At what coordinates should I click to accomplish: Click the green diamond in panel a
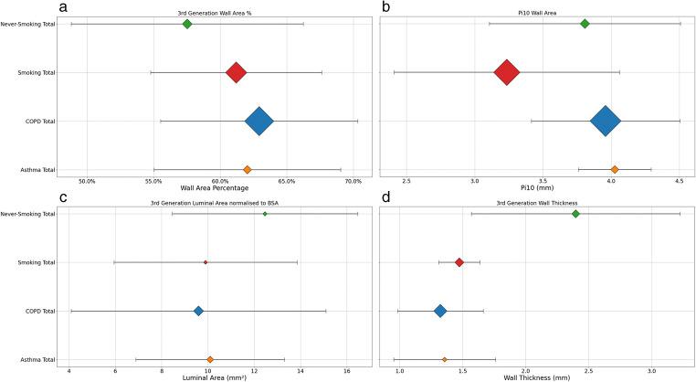pos(187,24)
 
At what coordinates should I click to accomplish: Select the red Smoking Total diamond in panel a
pos(236,72)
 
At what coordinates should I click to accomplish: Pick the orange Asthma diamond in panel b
pos(615,169)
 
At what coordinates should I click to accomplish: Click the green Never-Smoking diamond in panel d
pos(575,214)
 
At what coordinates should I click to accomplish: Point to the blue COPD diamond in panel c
pos(198,312)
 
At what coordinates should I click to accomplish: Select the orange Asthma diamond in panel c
pos(210,360)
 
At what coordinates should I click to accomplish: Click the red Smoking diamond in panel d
pos(459,262)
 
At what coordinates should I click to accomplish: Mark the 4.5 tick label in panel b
pos(680,180)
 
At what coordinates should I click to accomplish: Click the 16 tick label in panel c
pos(348,370)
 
